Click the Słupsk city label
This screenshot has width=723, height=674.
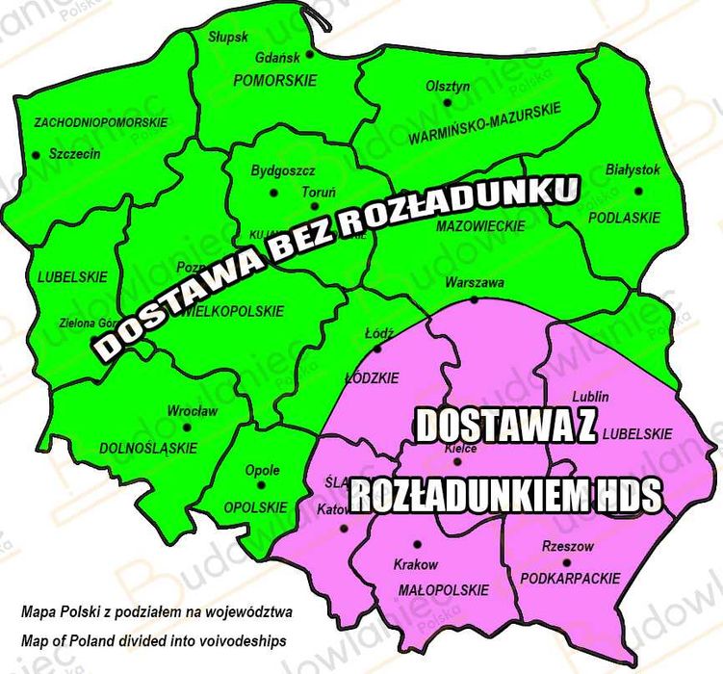click(x=228, y=37)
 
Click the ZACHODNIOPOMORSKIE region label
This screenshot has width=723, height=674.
click(x=100, y=123)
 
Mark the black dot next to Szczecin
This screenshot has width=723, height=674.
click(x=37, y=154)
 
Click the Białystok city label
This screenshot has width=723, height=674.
click(x=633, y=169)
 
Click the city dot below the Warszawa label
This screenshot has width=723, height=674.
click(x=475, y=299)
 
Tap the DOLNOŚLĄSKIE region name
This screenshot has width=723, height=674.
click(x=148, y=448)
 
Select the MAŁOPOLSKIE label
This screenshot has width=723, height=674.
click(x=429, y=589)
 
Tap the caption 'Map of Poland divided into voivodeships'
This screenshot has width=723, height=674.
click(x=153, y=640)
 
